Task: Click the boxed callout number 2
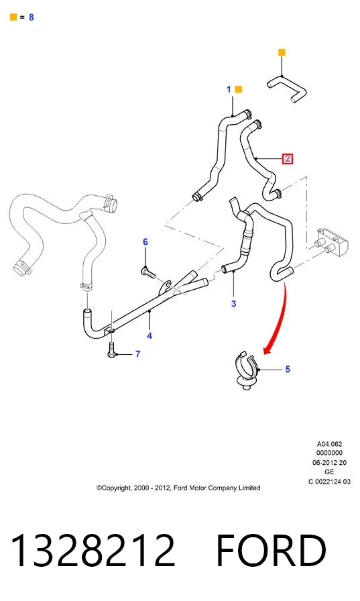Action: point(287,158)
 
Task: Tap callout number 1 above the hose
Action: point(229,89)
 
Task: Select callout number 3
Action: point(233,304)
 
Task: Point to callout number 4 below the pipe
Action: point(149,336)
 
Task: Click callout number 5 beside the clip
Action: point(288,369)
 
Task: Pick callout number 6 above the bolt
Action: point(145,242)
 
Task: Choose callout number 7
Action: point(138,354)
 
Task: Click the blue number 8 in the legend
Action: point(32,17)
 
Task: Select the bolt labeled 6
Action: point(149,272)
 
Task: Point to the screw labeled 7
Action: point(111,349)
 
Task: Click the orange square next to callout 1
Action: point(238,89)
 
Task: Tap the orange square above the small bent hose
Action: point(282,52)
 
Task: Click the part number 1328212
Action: point(93,550)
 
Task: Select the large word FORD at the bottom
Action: point(271,550)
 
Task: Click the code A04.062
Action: point(329,444)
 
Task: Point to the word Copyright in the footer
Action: point(114,488)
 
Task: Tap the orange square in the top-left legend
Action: point(13,17)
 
